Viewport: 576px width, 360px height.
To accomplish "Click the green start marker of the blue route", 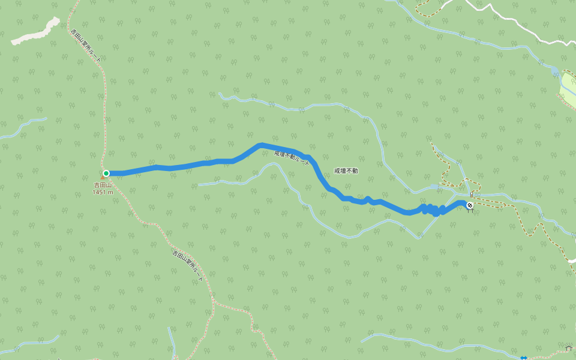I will click(x=106, y=173).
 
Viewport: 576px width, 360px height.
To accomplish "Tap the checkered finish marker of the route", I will click(x=470, y=206).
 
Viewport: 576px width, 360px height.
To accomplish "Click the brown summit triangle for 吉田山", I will click(x=103, y=178).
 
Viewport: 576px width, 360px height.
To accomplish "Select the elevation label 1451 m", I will click(x=103, y=192).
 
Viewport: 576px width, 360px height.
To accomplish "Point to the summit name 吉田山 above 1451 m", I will click(x=103, y=185).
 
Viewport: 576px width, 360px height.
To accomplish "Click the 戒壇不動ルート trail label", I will click(x=292, y=158).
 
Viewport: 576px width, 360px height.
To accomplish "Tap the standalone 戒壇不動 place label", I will click(x=346, y=171).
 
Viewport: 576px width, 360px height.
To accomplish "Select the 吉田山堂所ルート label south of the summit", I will click(x=188, y=266).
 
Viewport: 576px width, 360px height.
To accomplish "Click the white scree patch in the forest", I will click(x=36, y=32).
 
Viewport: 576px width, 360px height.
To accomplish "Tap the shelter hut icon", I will click(x=568, y=348).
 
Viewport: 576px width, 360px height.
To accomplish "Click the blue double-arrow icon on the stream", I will click(x=524, y=358).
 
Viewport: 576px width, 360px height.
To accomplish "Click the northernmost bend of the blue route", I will click(x=261, y=145).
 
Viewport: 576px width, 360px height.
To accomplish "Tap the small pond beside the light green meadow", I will click(x=556, y=73).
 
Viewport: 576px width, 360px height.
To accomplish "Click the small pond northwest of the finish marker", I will click(x=434, y=187).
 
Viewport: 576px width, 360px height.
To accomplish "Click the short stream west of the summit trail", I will click(x=24, y=127).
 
